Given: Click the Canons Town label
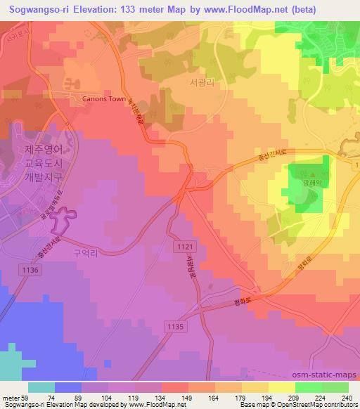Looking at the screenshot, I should tap(104, 99).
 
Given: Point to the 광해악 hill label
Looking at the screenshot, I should tap(311, 180).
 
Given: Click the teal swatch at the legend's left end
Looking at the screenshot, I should tap(41, 387).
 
